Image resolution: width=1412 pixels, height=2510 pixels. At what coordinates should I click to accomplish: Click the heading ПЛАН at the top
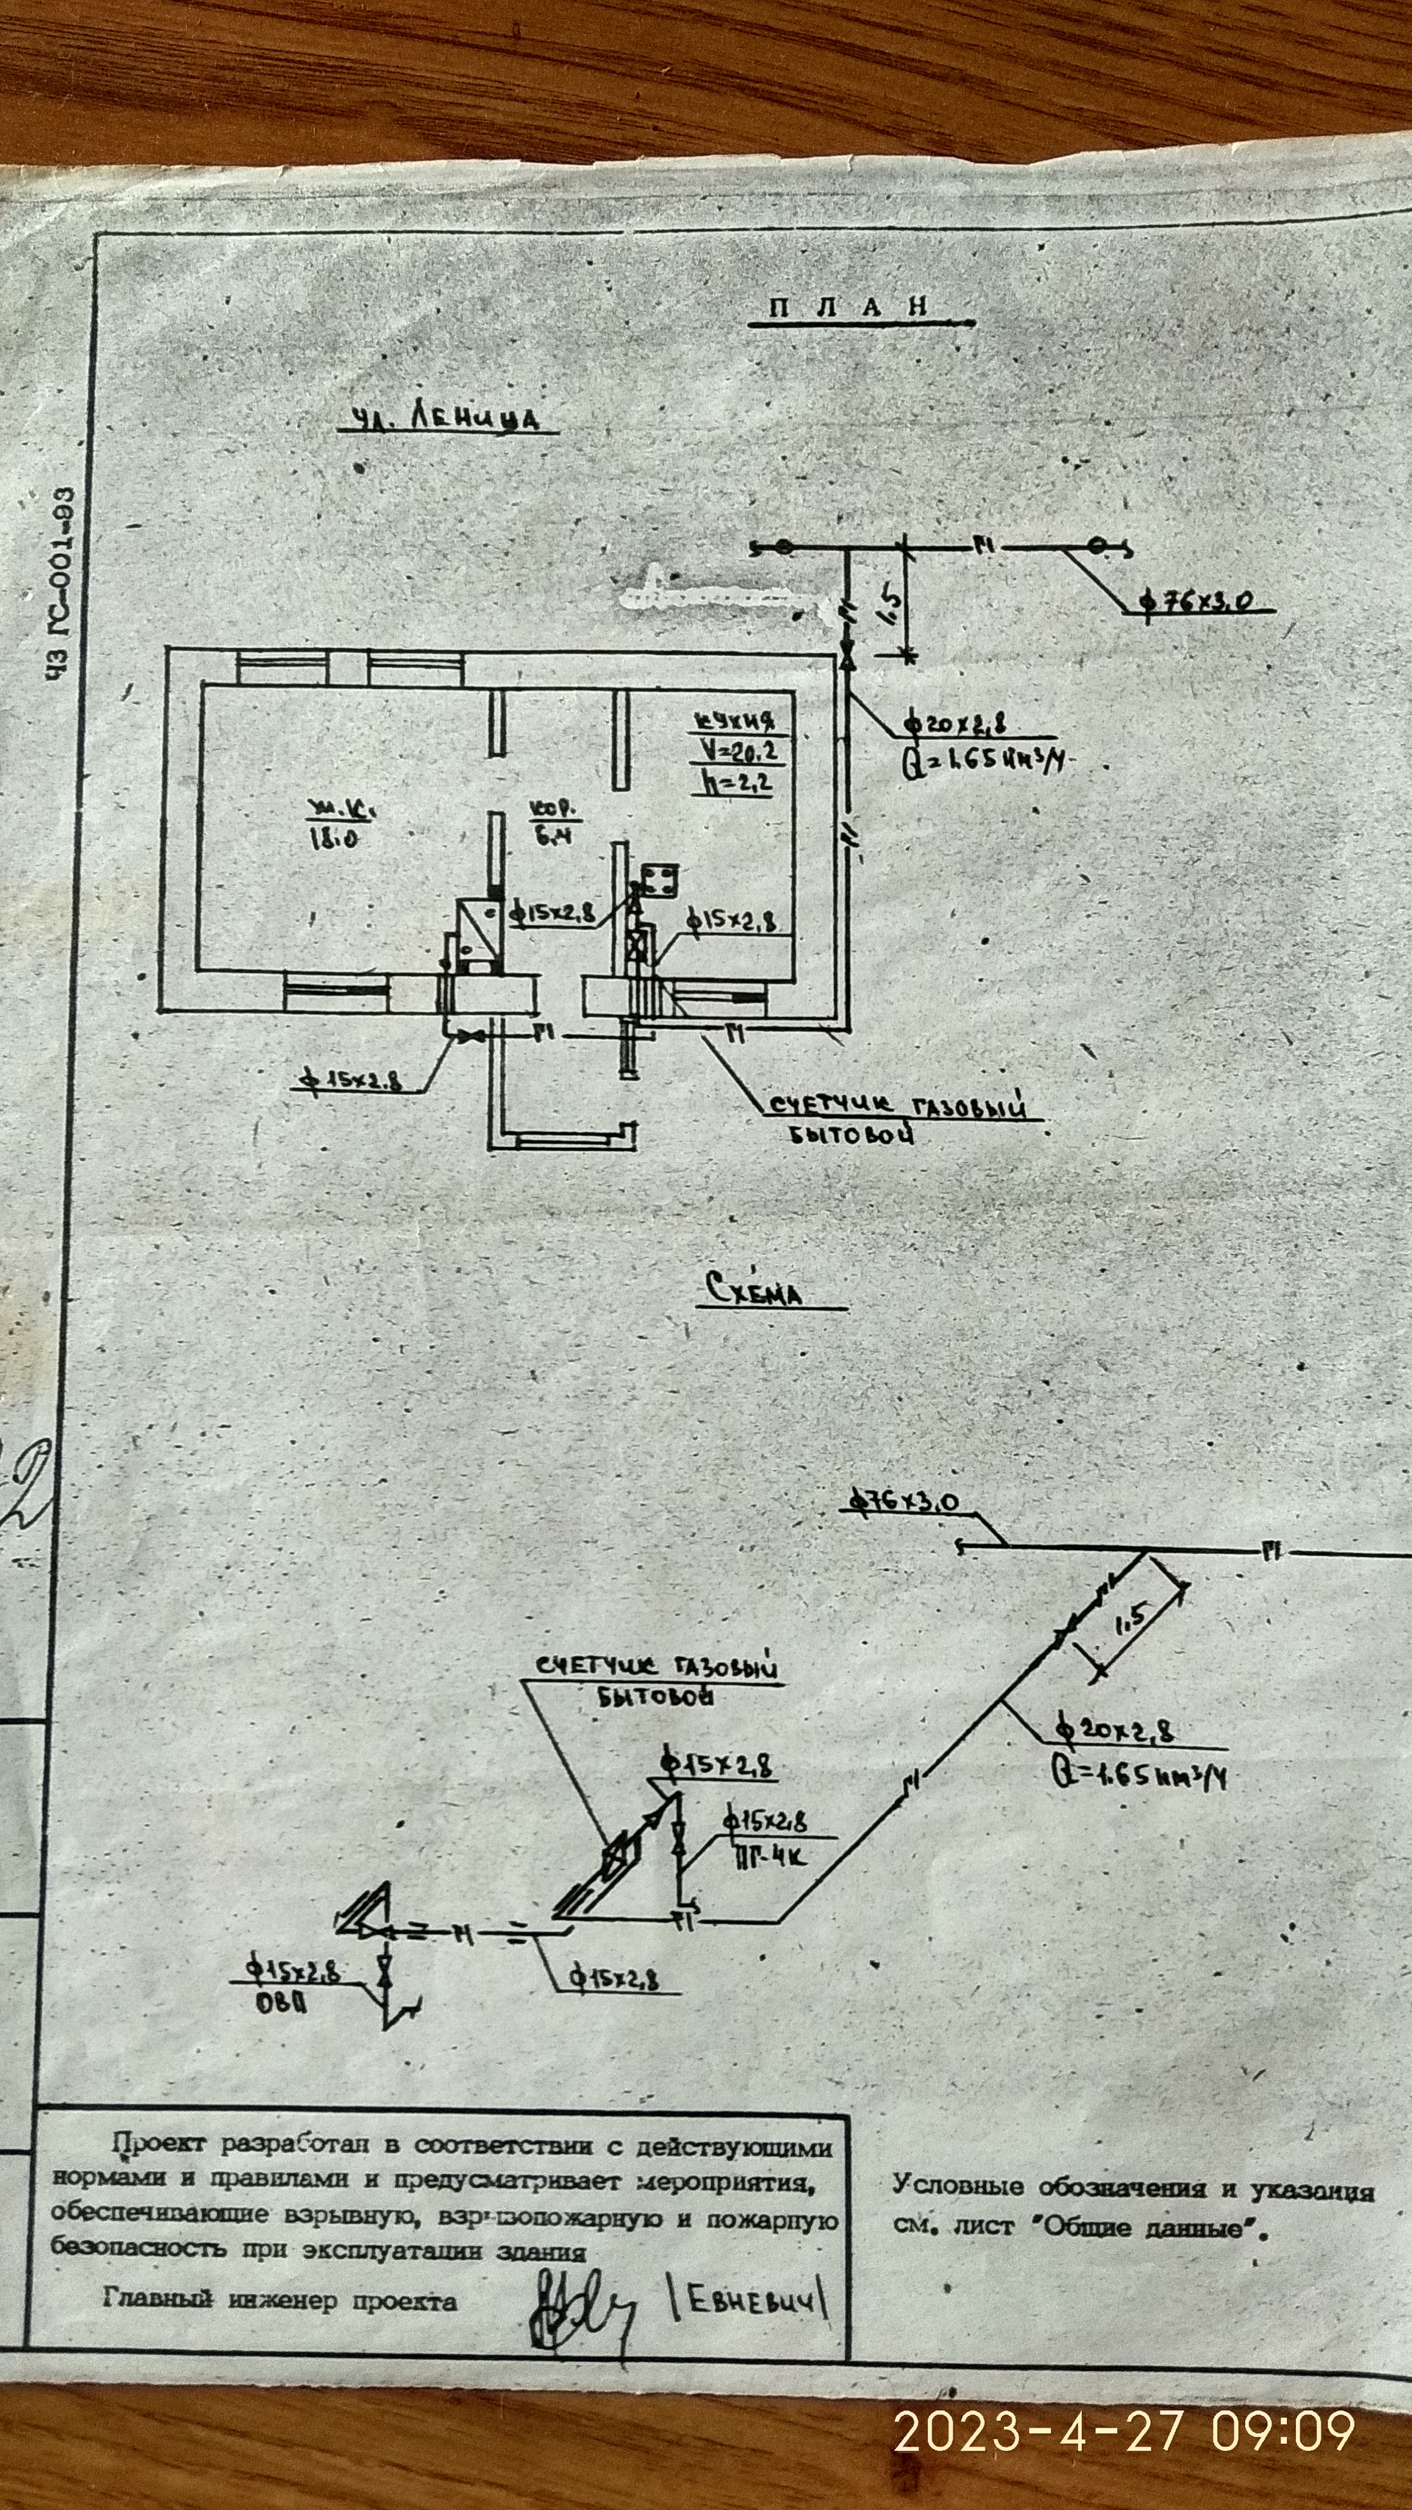(x=848, y=307)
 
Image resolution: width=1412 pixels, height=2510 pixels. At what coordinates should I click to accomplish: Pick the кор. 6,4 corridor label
(x=552, y=824)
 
